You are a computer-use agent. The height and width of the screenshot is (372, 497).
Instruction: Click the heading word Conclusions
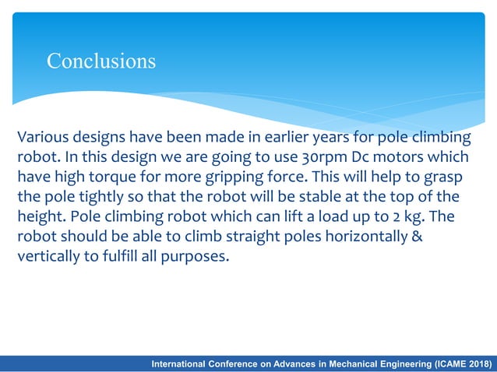(101, 61)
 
